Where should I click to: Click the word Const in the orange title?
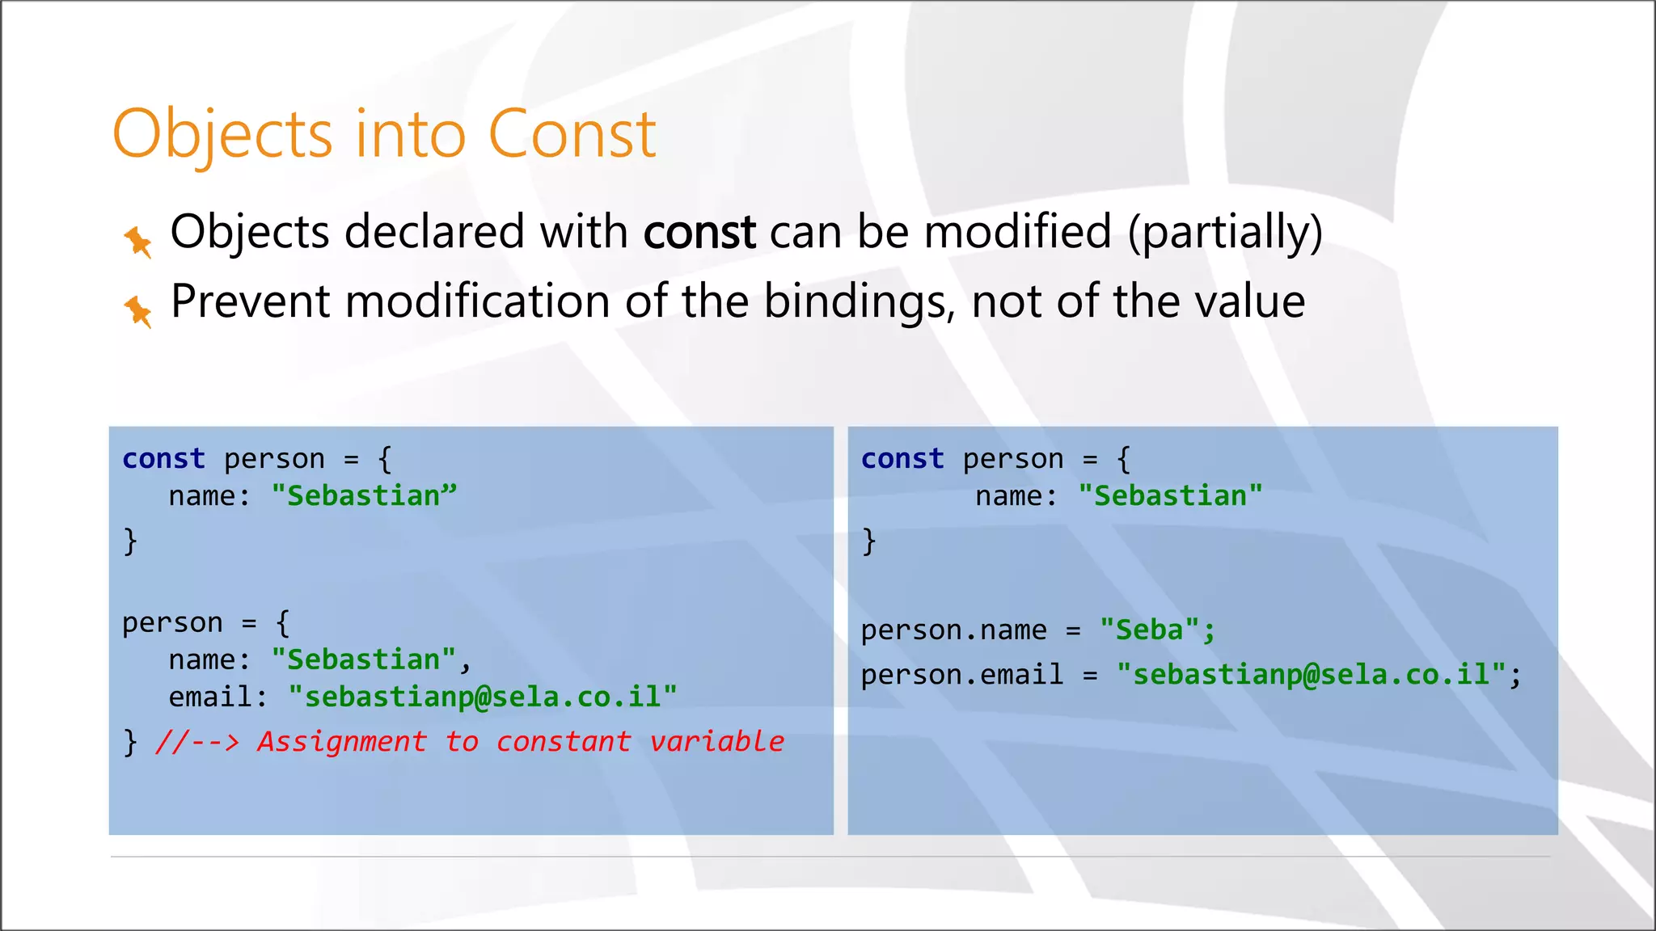[572, 134]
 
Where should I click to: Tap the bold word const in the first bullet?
[699, 232]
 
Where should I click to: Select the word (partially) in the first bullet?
[1225, 233]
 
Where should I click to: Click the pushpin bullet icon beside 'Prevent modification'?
[138, 310]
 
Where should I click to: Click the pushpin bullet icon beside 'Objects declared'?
[138, 241]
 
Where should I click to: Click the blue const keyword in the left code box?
[163, 458]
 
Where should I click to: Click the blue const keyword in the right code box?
[902, 458]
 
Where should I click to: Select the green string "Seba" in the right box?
[1149, 630]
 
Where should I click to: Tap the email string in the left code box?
[483, 697]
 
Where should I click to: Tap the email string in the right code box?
[1311, 674]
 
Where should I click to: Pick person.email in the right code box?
[961, 674]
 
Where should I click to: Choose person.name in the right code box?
[953, 630]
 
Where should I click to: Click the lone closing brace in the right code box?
[868, 540]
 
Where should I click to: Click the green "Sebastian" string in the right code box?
[1170, 495]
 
